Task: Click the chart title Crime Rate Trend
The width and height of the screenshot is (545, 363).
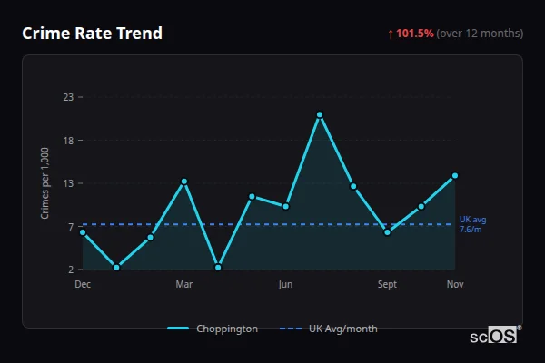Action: click(92, 34)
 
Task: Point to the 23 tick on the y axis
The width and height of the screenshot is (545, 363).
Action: click(67, 97)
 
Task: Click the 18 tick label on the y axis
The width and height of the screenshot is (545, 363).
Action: click(67, 141)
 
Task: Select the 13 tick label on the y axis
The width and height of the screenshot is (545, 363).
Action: click(67, 183)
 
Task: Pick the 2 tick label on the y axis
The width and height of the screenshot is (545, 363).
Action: click(70, 270)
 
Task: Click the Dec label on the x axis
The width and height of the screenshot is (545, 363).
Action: click(83, 285)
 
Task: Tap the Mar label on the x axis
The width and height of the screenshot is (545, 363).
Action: click(184, 285)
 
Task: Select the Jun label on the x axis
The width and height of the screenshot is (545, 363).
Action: click(285, 285)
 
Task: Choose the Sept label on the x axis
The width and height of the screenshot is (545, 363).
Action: click(388, 285)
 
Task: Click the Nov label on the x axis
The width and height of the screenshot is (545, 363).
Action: click(455, 285)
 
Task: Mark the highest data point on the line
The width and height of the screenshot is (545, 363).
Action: click(320, 114)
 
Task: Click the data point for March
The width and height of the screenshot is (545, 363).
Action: click(184, 181)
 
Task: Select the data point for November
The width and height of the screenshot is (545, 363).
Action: click(455, 175)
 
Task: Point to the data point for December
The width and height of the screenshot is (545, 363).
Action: click(83, 232)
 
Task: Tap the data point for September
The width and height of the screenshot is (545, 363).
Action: click(388, 232)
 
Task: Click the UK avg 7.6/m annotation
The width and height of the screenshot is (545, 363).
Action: click(473, 224)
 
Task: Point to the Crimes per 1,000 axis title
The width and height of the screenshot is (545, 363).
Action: click(45, 183)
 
